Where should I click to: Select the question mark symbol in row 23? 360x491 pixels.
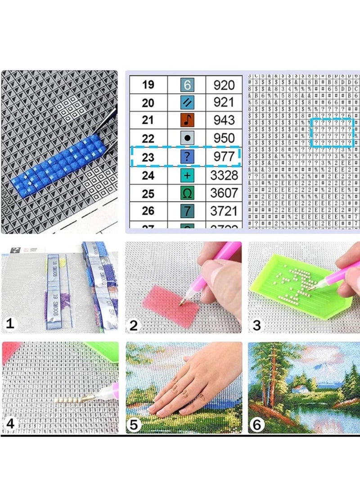[x=187, y=157]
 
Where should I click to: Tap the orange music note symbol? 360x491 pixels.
[x=187, y=120]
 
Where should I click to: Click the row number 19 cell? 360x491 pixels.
[x=148, y=85]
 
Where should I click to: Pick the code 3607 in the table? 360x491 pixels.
[x=224, y=193]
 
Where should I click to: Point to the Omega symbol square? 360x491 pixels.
[x=187, y=193]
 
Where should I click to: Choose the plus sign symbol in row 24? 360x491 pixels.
[x=187, y=175]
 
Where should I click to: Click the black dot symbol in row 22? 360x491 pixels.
[x=187, y=138]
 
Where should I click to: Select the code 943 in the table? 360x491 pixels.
[x=224, y=120]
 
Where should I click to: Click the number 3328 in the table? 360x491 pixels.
[x=224, y=175]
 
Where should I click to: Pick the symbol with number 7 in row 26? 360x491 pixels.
[x=187, y=211]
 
